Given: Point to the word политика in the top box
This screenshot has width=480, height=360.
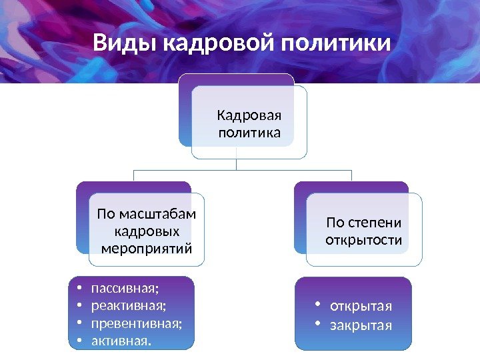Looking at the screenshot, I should click(x=249, y=133).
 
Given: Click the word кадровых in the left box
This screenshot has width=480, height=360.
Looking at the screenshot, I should click(x=147, y=231).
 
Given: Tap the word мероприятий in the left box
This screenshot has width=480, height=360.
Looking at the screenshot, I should click(x=147, y=249).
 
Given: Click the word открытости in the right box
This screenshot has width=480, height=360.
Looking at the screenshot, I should click(x=364, y=239).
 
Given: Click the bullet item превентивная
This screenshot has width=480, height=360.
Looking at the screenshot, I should click(x=136, y=324).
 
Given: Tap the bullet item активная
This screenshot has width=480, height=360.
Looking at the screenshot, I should click(x=121, y=342).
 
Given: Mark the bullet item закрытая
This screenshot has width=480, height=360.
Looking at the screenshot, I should click(x=361, y=326).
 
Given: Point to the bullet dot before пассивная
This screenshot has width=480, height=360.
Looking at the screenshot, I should click(x=79, y=289).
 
